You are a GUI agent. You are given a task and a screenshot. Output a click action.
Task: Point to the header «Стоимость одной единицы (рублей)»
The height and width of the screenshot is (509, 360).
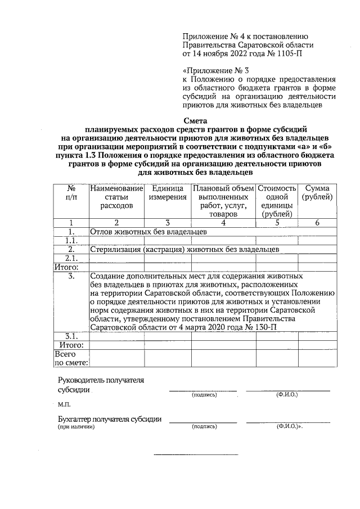click(276, 201)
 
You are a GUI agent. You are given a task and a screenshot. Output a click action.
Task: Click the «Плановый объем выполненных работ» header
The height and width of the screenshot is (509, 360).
click(223, 201)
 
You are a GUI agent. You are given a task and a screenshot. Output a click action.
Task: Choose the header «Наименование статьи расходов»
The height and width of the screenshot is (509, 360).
click(116, 197)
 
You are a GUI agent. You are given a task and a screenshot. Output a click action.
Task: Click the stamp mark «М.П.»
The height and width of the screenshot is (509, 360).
click(64, 404)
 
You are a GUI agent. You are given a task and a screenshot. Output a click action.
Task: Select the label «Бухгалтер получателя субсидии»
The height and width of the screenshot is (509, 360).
click(110, 419)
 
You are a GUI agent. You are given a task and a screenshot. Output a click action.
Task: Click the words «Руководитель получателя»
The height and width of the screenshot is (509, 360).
click(101, 380)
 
